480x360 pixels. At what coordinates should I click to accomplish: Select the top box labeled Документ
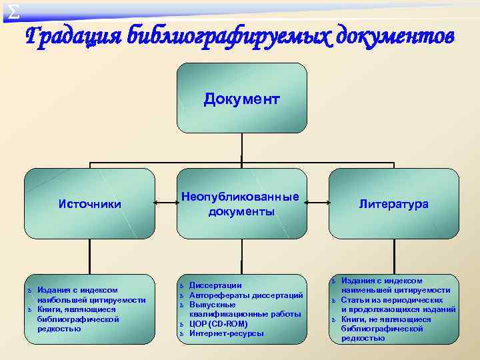coord(242,99)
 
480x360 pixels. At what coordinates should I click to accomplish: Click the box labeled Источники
coord(90,203)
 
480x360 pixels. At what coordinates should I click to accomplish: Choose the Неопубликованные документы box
coord(241,203)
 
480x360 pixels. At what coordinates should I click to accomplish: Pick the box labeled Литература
coord(394,203)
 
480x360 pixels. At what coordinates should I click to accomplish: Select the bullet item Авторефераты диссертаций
coord(246,295)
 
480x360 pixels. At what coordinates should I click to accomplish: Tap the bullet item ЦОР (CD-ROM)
coord(218,323)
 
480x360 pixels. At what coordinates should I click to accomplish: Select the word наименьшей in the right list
coord(363,290)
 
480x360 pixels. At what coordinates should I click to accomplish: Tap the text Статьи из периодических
coord(392,300)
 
